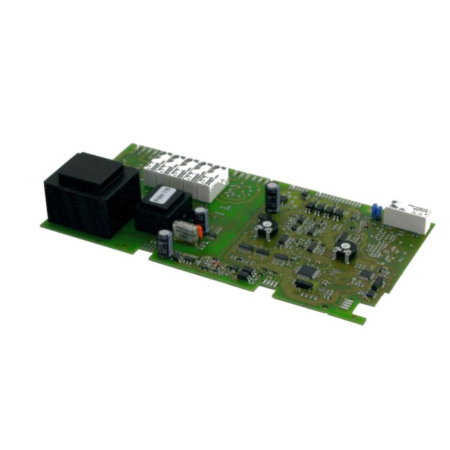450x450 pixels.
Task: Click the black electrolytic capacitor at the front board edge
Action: click(165, 243)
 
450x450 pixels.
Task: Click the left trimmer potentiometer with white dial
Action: click(264, 226)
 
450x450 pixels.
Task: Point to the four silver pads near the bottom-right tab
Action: click(346, 303)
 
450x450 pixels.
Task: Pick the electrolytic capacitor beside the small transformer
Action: click(201, 215)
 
